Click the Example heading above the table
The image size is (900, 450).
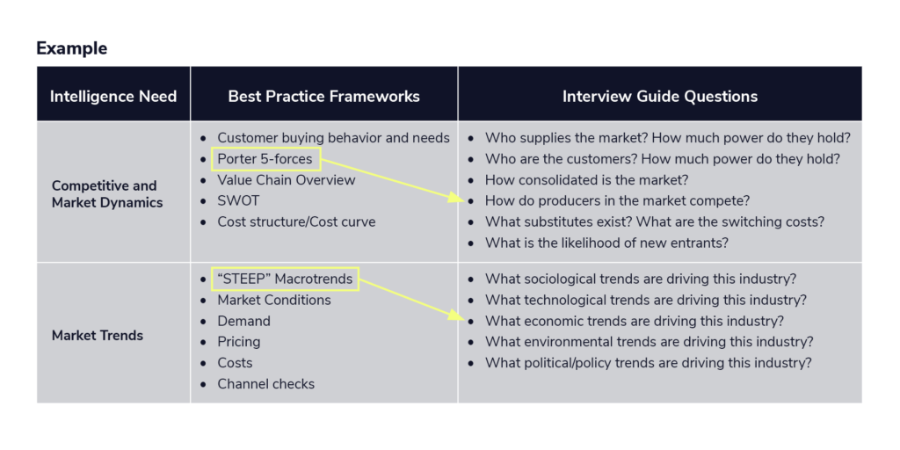pyautogui.click(x=72, y=48)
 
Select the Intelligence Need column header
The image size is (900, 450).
pyautogui.click(x=113, y=96)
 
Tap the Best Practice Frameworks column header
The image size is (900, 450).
pyautogui.click(x=323, y=96)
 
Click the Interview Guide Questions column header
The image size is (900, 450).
pyautogui.click(x=659, y=96)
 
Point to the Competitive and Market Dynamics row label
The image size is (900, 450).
pyautogui.click(x=104, y=194)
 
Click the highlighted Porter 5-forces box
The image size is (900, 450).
pyautogui.click(x=265, y=159)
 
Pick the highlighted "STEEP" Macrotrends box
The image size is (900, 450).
pyautogui.click(x=285, y=279)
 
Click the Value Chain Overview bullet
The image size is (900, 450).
pyautogui.click(x=286, y=180)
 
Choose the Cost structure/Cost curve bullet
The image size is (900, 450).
pyautogui.click(x=296, y=221)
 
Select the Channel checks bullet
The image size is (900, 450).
pyautogui.click(x=265, y=383)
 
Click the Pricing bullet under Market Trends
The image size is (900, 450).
pyautogui.click(x=239, y=342)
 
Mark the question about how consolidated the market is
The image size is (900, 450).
pyautogui.click(x=586, y=180)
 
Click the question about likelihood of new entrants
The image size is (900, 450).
pyautogui.click(x=606, y=243)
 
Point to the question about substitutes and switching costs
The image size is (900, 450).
pyautogui.click(x=654, y=221)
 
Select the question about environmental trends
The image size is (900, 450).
pyautogui.click(x=650, y=342)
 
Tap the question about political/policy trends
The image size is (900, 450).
pyautogui.click(x=648, y=363)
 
